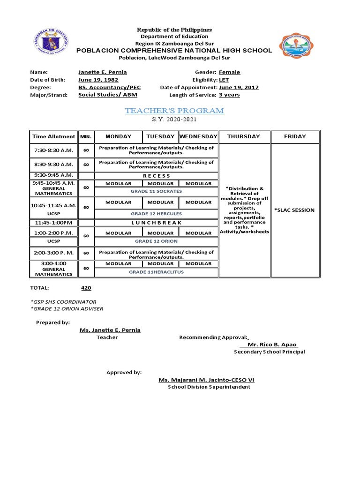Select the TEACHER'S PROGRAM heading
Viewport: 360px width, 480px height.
174,111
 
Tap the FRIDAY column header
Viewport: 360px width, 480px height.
295,136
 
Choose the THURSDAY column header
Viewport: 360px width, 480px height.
243,136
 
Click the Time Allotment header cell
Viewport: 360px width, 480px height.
53,136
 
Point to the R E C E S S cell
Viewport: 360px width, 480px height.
156,176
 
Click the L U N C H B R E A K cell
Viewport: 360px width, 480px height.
156,223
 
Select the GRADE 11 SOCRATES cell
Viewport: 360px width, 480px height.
156,191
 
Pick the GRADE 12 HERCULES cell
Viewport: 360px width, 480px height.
156,214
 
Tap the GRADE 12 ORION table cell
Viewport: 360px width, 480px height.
156,241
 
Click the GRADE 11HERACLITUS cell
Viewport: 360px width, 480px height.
156,272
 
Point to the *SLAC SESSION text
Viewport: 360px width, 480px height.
294,210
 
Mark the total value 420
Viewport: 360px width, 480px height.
86,288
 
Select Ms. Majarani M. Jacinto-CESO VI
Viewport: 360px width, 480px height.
206,380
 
